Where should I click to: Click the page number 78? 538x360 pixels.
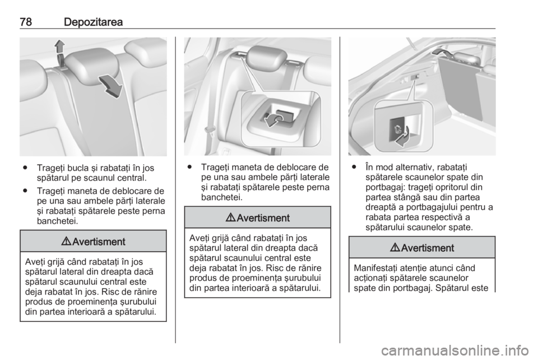26,22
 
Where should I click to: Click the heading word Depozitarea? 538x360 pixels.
93,22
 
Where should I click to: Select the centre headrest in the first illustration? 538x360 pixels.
92,62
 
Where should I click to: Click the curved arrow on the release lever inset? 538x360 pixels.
274,121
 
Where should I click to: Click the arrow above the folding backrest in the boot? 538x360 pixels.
443,52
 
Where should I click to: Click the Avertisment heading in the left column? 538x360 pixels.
94,242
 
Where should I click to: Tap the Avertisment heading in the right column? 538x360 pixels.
423,248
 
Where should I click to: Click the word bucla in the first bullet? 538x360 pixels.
80,168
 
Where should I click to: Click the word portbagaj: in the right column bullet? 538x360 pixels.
386,187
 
